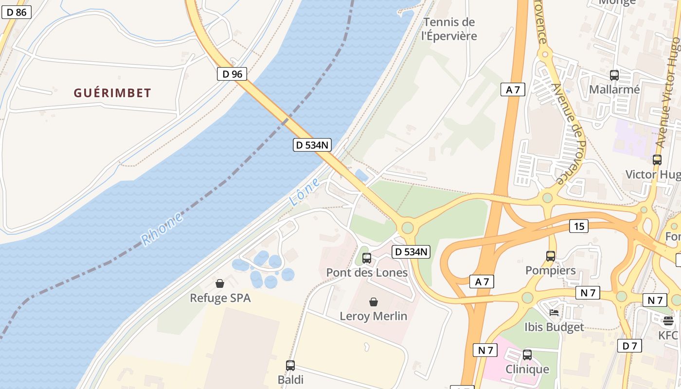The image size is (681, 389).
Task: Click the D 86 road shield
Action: pyautogui.click(x=17, y=12)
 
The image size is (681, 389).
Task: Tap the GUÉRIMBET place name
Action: pyautogui.click(x=112, y=93)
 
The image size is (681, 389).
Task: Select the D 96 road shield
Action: pyautogui.click(x=232, y=74)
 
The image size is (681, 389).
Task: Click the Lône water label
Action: pyautogui.click(x=305, y=192)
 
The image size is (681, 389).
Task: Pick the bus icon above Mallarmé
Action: pyautogui.click(x=614, y=75)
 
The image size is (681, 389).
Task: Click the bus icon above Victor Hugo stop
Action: pyautogui.click(x=657, y=159)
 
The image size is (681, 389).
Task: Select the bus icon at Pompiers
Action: pyautogui.click(x=550, y=256)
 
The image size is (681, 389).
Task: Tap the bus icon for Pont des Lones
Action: pyautogui.click(x=367, y=258)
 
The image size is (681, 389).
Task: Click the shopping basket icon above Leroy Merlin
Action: pyautogui.click(x=373, y=302)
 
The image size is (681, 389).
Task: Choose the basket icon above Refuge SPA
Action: pyautogui.click(x=220, y=283)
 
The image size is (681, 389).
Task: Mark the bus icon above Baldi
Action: pyautogui.click(x=290, y=365)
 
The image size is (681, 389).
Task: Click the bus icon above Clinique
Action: pyautogui.click(x=527, y=355)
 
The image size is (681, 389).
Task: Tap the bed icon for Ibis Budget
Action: pyautogui.click(x=554, y=312)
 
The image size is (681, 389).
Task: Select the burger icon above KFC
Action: pyautogui.click(x=668, y=321)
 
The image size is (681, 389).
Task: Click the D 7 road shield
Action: pyautogui.click(x=629, y=346)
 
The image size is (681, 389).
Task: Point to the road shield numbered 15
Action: pyautogui.click(x=578, y=226)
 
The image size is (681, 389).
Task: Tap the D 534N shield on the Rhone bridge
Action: pyautogui.click(x=312, y=144)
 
